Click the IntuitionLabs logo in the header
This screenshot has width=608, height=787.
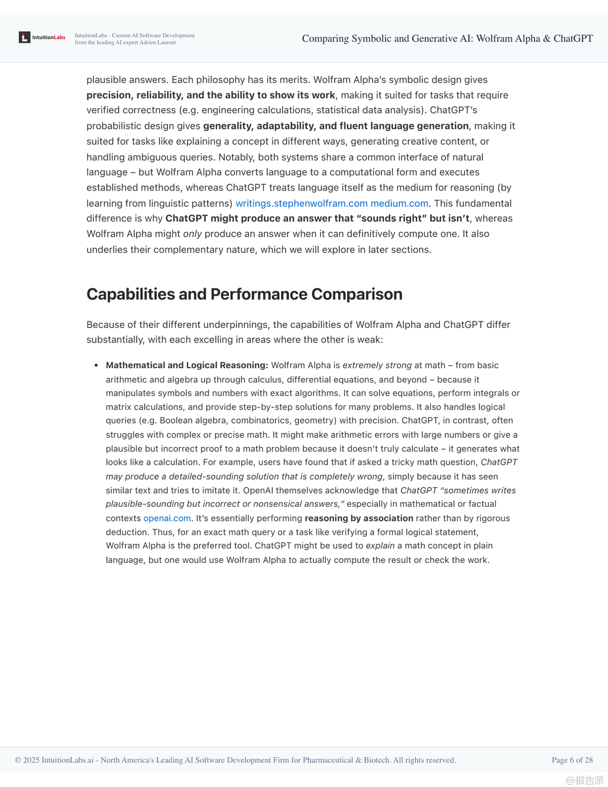click(42, 37)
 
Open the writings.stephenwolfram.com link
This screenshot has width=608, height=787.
click(301, 204)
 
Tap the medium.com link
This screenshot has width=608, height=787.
click(399, 204)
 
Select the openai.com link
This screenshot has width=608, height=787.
click(167, 518)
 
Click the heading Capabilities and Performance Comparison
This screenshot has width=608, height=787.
click(244, 294)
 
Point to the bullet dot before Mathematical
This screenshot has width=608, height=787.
click(96, 365)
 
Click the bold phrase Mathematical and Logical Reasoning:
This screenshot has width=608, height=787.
click(187, 365)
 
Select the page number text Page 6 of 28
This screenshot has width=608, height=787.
click(572, 760)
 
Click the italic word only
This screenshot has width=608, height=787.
click(192, 234)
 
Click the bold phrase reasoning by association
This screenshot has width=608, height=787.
click(359, 518)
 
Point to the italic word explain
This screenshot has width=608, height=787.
click(380, 546)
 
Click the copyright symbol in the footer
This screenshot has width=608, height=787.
click(18, 760)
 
